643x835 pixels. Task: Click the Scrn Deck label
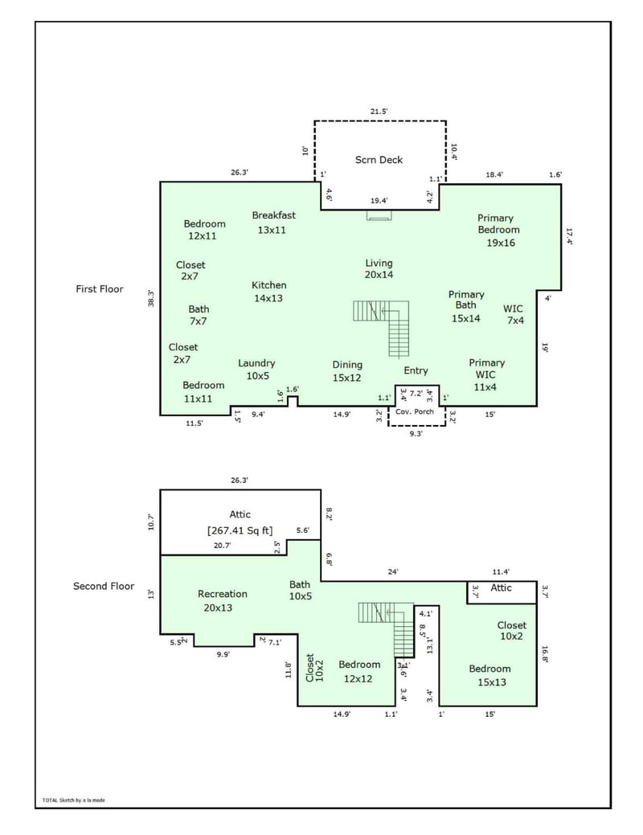click(379, 160)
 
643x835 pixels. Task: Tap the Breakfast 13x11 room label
click(273, 223)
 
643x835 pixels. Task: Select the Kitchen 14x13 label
click(268, 292)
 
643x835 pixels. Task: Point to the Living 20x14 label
click(379, 268)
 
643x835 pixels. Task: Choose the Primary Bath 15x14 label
click(466, 306)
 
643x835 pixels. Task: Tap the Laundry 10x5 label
click(256, 370)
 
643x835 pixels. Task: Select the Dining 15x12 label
click(347, 371)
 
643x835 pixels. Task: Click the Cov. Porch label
click(415, 411)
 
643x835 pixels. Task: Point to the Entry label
click(416, 370)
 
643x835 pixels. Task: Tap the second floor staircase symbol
click(388, 627)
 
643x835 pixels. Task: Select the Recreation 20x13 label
click(223, 601)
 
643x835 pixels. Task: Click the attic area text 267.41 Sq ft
click(240, 530)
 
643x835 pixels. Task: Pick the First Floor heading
click(100, 289)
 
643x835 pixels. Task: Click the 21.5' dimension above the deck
click(379, 111)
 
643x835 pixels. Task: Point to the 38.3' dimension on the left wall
click(150, 298)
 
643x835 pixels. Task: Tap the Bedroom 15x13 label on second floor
click(489, 675)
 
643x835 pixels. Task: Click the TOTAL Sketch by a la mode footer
click(73, 800)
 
